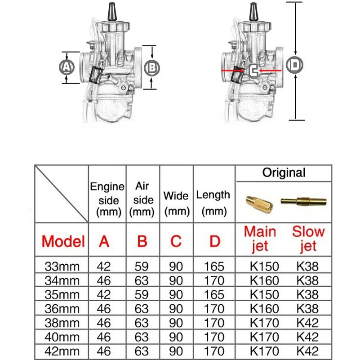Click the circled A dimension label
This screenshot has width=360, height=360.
pyautogui.click(x=67, y=67)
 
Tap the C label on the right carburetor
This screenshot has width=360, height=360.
pyautogui.click(x=253, y=71)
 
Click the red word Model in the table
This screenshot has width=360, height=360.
pyautogui.click(x=63, y=241)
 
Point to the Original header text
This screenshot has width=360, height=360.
pyautogui.click(x=284, y=173)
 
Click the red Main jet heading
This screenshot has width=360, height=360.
pyautogui.click(x=260, y=239)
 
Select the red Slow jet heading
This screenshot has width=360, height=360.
pyautogui.click(x=308, y=239)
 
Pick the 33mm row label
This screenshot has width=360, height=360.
pyautogui.click(x=62, y=266)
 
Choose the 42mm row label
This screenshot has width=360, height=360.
pyautogui.click(x=62, y=351)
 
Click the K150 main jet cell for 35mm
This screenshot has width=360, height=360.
pyautogui.click(x=264, y=294)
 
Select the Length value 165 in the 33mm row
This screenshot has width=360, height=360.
pyautogui.click(x=214, y=266)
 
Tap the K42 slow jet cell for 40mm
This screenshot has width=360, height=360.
pyautogui.click(x=308, y=337)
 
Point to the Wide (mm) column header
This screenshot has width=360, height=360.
pyautogui.click(x=176, y=203)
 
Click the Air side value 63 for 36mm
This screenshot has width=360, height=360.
pyautogui.click(x=142, y=309)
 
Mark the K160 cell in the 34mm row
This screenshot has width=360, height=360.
pyautogui.click(x=264, y=280)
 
